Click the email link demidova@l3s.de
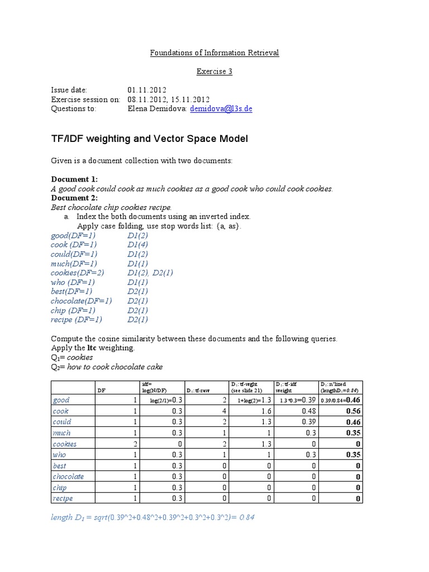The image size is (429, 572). coord(221,109)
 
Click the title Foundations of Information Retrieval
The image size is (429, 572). coord(214,53)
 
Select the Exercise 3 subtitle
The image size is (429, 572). coord(214,71)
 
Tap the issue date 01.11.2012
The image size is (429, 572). coord(147,90)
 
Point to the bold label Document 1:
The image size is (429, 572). coord(74,179)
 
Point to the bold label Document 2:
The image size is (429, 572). coord(74,198)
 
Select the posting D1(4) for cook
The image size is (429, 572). coord(137,245)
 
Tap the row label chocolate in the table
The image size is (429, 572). coord(68,476)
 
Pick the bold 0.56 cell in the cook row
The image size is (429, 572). coord(352,411)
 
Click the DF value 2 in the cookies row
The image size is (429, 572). coord(134,444)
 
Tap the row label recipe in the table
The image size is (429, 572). coord(63,498)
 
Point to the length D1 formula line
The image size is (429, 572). coord(153,518)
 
